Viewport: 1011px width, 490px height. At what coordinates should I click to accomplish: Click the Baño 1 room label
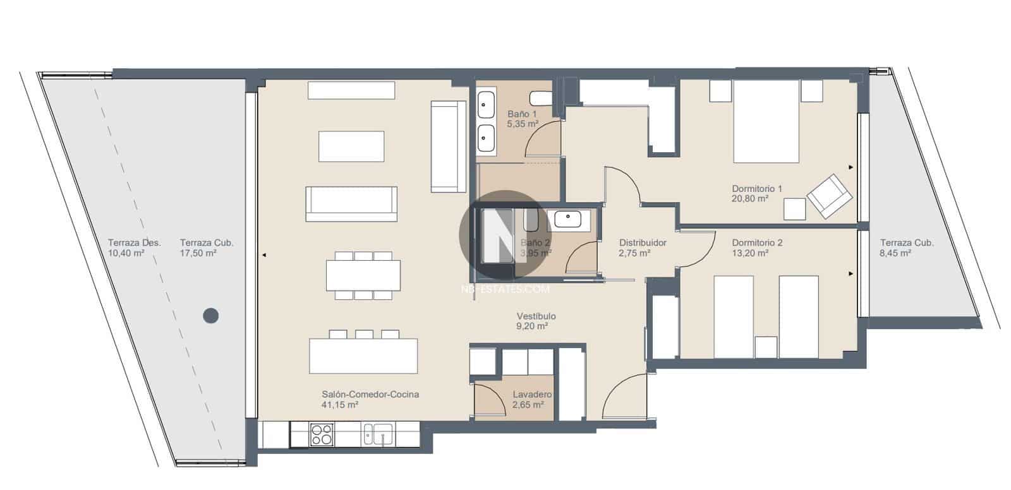click(x=522, y=114)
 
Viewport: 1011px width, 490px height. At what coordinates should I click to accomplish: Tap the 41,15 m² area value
click(x=340, y=405)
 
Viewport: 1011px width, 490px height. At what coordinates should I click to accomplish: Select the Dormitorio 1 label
click(x=757, y=188)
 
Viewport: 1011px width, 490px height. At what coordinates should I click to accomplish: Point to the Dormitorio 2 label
click(x=757, y=242)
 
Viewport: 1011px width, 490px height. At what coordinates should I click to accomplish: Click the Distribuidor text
click(x=643, y=242)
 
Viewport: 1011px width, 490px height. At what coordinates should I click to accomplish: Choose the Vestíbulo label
click(x=536, y=316)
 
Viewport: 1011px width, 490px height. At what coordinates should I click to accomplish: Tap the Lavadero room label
click(x=532, y=395)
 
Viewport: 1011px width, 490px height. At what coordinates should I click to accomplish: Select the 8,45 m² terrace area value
click(x=895, y=253)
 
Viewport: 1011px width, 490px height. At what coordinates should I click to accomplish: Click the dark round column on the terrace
click(x=211, y=315)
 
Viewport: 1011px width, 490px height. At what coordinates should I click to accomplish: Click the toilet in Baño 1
click(x=540, y=99)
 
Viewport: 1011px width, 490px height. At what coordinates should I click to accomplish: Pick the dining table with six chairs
click(x=363, y=275)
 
